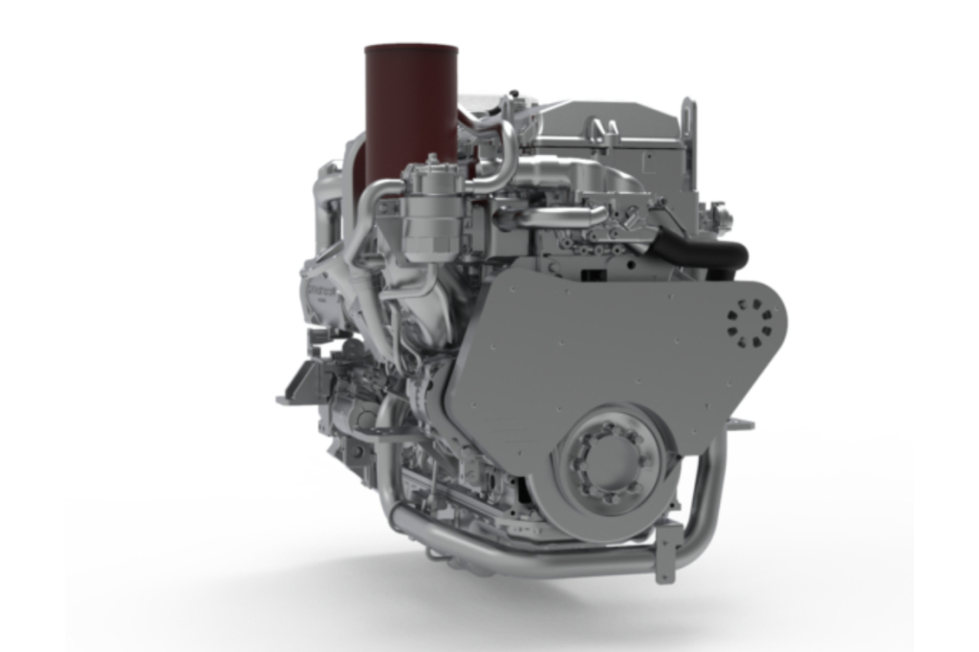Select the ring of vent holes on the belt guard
tap(751, 323)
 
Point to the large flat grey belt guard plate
tap(593, 344)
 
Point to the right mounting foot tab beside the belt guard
tap(741, 424)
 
